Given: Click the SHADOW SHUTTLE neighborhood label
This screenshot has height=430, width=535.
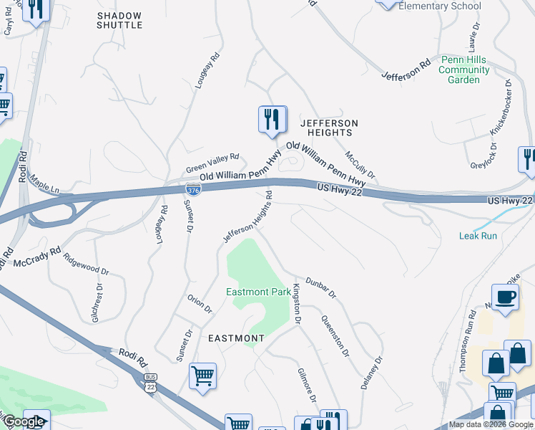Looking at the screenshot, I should [119, 19].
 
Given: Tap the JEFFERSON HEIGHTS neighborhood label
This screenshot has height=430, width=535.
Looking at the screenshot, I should [329, 128].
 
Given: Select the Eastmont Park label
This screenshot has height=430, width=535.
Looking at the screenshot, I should [258, 292].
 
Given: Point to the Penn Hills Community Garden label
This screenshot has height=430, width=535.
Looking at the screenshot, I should [464, 70].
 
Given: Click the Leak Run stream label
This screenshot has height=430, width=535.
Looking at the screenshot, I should [478, 236].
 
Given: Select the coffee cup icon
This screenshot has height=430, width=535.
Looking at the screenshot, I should [505, 297].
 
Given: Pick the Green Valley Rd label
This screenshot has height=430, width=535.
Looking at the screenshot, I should [212, 164].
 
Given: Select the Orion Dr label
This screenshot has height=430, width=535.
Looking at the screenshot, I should [200, 304].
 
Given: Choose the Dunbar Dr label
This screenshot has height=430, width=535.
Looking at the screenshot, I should [320, 287].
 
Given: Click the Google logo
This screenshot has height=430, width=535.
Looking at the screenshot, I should [24, 422].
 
